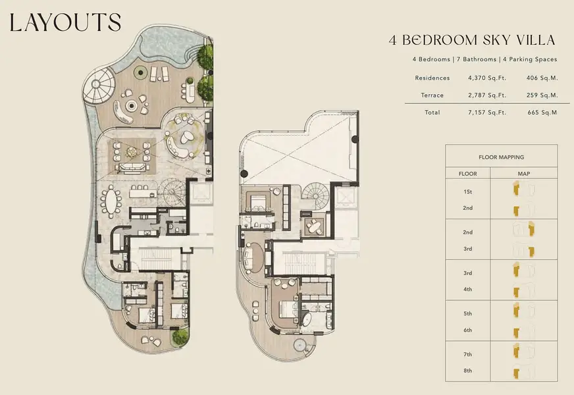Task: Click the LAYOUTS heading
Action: click(x=65, y=22)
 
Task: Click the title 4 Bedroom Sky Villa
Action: click(x=472, y=40)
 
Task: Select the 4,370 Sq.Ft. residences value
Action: click(x=487, y=78)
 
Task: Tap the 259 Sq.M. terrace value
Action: click(x=542, y=95)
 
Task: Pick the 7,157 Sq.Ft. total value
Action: click(x=487, y=113)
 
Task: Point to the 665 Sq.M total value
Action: click(x=542, y=113)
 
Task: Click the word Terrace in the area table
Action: click(x=432, y=95)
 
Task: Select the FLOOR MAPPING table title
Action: click(x=501, y=157)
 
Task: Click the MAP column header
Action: click(x=523, y=174)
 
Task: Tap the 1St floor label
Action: click(x=467, y=192)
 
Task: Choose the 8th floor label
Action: click(x=467, y=371)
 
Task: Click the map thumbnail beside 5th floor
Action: click(x=523, y=311)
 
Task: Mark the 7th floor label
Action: click(x=467, y=354)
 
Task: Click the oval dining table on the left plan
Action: click(x=111, y=199)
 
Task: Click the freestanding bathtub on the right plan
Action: click(x=306, y=319)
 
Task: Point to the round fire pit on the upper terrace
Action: click(x=131, y=106)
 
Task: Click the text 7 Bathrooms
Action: click(x=477, y=59)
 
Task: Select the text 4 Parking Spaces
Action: click(x=530, y=59)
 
